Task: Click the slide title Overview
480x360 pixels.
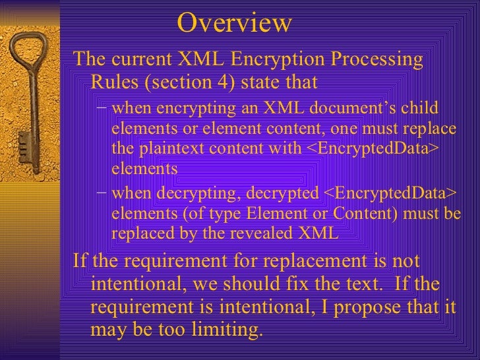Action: point(234,24)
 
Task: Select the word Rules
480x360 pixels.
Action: point(112,83)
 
